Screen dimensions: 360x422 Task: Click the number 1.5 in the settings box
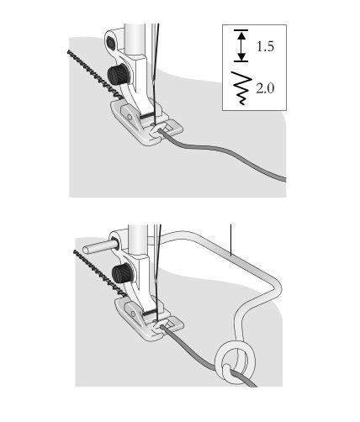point(265,46)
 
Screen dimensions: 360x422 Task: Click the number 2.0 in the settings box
point(265,88)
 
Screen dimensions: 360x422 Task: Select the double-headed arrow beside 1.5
point(242,45)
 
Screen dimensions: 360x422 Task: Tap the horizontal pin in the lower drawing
point(99,247)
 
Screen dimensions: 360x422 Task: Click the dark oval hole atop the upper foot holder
point(110,43)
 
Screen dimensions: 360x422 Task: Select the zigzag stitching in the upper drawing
point(94,75)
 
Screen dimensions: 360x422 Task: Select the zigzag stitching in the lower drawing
point(99,274)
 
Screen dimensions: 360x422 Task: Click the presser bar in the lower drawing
point(138,240)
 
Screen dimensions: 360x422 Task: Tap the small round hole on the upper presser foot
point(130,116)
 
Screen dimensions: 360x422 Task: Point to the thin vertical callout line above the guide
point(231,240)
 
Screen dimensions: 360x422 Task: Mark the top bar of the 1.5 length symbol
point(241,30)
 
